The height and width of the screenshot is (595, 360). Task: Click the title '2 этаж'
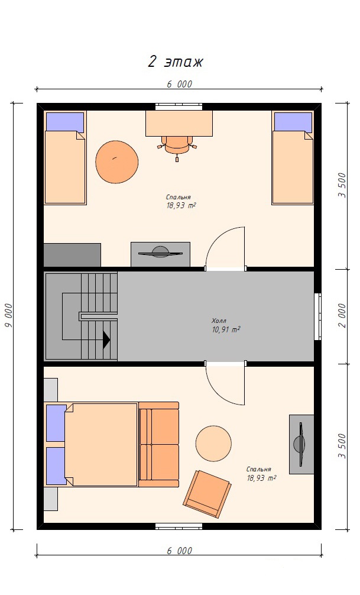(175, 62)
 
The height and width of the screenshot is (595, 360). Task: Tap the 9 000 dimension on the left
(9, 316)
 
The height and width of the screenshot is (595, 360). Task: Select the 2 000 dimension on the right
(342, 315)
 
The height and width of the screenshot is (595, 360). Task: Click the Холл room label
(219, 321)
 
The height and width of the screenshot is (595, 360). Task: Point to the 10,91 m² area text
(226, 329)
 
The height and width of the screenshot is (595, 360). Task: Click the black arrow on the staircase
(106, 339)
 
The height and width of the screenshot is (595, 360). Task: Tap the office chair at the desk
(177, 148)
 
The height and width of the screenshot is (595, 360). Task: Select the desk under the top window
(179, 124)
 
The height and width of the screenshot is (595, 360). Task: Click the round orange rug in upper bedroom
(117, 161)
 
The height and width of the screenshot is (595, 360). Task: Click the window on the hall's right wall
(318, 316)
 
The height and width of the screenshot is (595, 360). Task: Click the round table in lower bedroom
(213, 444)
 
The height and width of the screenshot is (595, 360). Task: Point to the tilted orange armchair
(207, 494)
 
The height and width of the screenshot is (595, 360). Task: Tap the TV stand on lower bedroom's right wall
(301, 444)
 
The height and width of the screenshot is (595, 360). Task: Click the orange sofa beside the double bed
(158, 444)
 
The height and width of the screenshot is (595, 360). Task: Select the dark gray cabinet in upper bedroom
(72, 255)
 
